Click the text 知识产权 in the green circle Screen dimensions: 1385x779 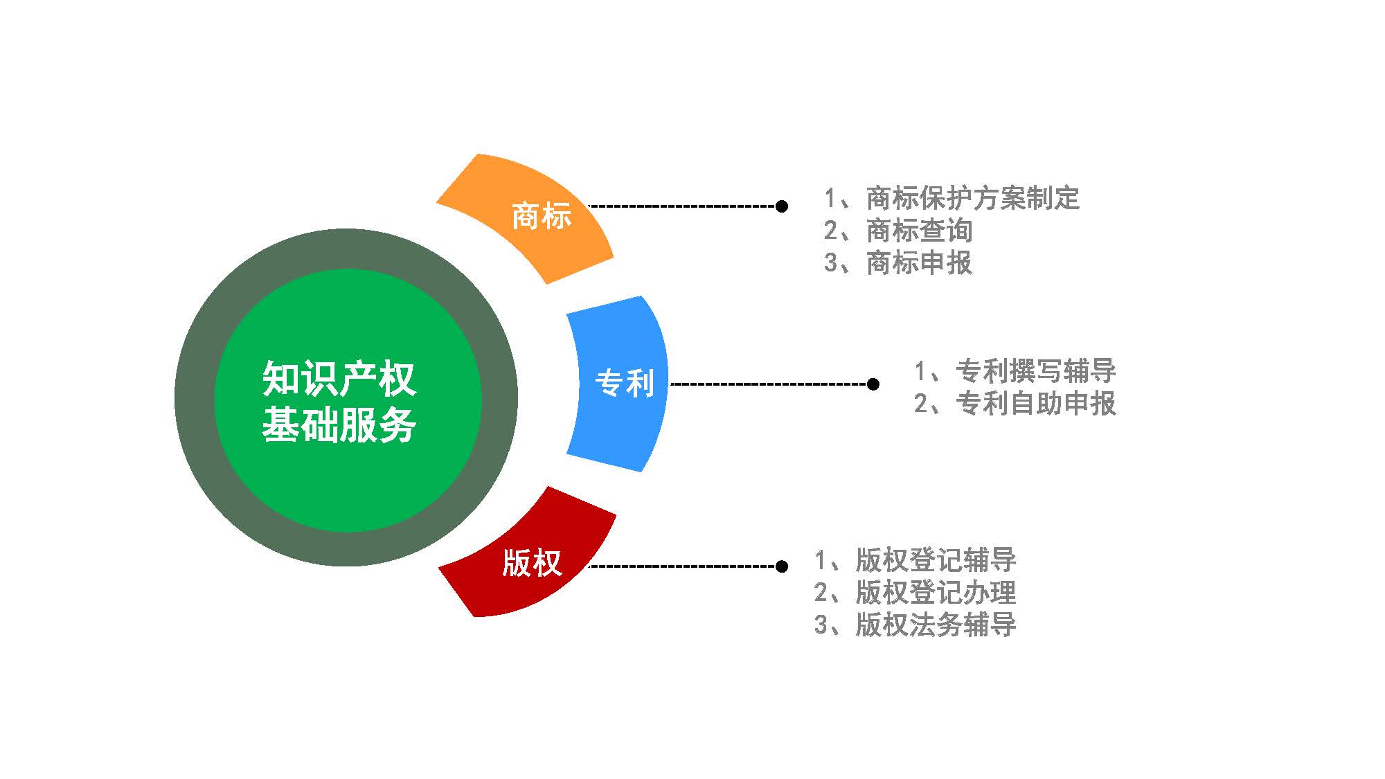point(339,379)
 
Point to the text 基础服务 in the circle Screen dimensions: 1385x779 point(339,424)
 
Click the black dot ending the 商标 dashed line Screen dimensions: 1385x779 point(782,206)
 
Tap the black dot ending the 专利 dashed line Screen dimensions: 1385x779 point(873,384)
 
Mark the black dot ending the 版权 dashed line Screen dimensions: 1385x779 point(782,566)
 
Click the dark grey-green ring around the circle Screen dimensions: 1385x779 point(195,397)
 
